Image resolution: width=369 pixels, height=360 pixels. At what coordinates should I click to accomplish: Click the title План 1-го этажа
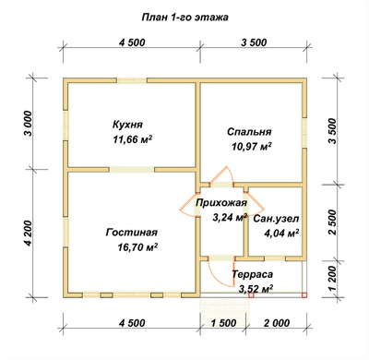tap(184, 18)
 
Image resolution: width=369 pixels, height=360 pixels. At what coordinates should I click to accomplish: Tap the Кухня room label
tap(127, 125)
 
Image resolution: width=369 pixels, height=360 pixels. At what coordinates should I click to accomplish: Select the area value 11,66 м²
tap(133, 140)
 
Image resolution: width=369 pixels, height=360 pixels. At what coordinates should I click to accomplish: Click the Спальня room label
tap(249, 132)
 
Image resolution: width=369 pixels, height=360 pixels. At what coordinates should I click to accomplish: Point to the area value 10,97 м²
tap(252, 147)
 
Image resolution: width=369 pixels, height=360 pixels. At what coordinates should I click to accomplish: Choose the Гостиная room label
tap(132, 233)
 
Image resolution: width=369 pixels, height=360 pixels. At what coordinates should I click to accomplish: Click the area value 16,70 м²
tap(137, 247)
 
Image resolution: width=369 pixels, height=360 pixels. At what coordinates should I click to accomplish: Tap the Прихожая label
tap(221, 203)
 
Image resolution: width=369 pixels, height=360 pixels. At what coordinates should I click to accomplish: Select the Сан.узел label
tap(276, 219)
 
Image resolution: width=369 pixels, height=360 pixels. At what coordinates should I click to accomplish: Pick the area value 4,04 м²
tap(281, 234)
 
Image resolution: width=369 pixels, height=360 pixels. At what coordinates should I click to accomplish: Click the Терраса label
tap(252, 274)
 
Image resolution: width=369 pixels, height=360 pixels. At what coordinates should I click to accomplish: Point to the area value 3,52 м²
tap(256, 289)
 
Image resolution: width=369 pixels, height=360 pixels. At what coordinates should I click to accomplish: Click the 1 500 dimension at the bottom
tap(223, 323)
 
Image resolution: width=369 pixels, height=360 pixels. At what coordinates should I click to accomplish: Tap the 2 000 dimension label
tap(277, 323)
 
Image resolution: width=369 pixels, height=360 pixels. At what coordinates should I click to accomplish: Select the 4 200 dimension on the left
tap(28, 234)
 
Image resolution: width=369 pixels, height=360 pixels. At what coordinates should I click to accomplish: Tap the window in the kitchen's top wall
tap(132, 81)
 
